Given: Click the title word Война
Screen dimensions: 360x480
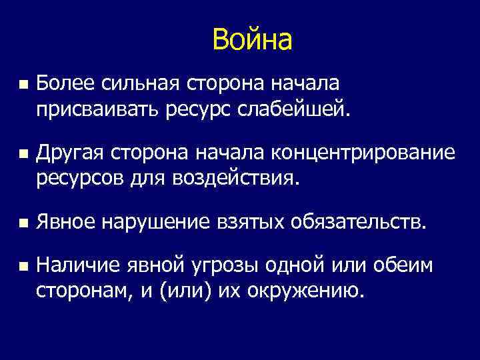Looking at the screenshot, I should pos(252,40).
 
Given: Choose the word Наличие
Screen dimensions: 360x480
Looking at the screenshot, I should pos(77,266).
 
